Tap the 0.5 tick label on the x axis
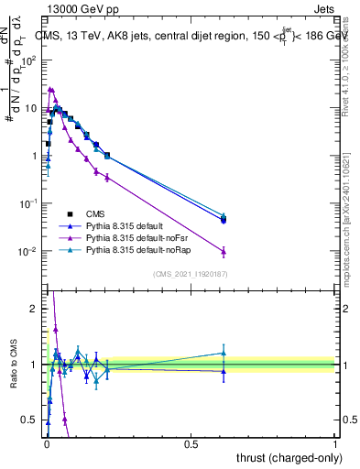(x=191, y=443)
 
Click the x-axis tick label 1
(x=335, y=443)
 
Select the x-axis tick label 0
(x=46, y=443)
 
